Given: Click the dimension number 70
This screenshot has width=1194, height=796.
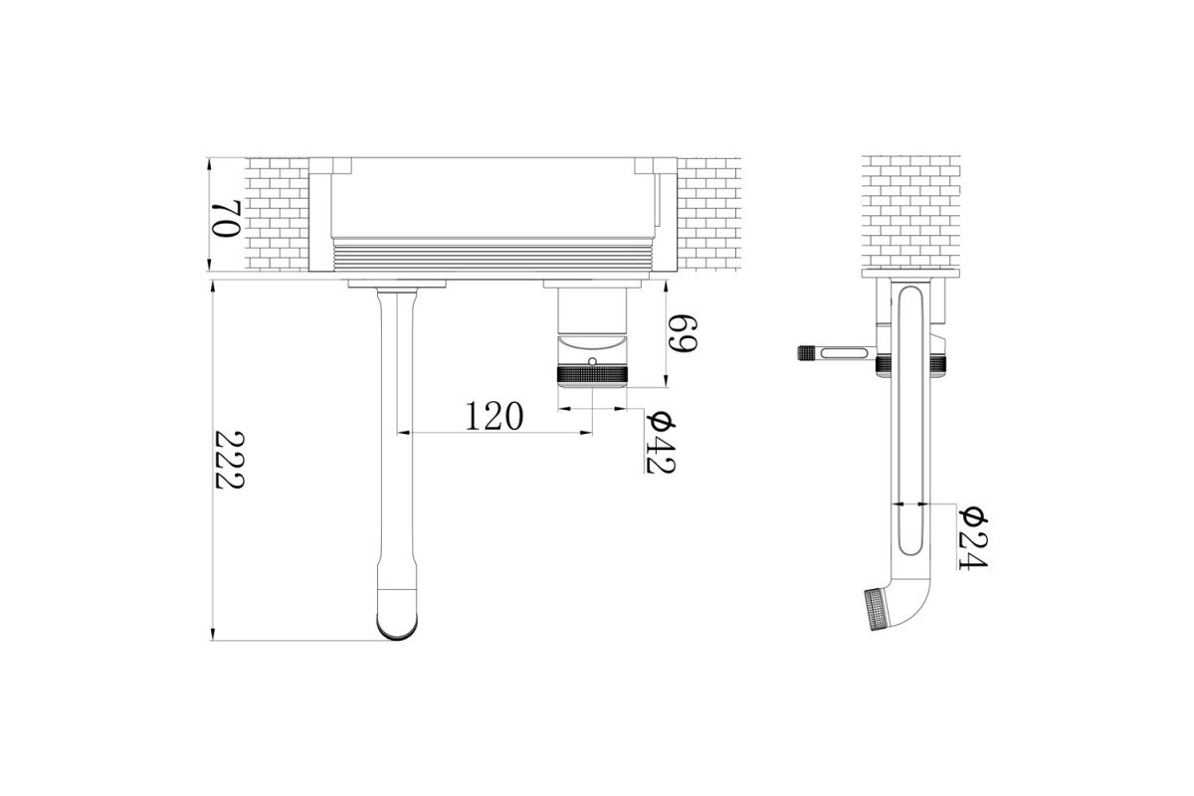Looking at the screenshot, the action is tap(227, 219).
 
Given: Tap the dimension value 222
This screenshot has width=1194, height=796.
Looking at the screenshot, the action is tap(230, 460).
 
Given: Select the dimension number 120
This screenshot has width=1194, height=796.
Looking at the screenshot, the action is tap(495, 416).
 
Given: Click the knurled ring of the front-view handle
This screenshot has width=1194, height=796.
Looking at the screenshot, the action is tap(592, 375).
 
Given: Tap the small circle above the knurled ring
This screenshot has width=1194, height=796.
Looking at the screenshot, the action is tap(592, 362).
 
